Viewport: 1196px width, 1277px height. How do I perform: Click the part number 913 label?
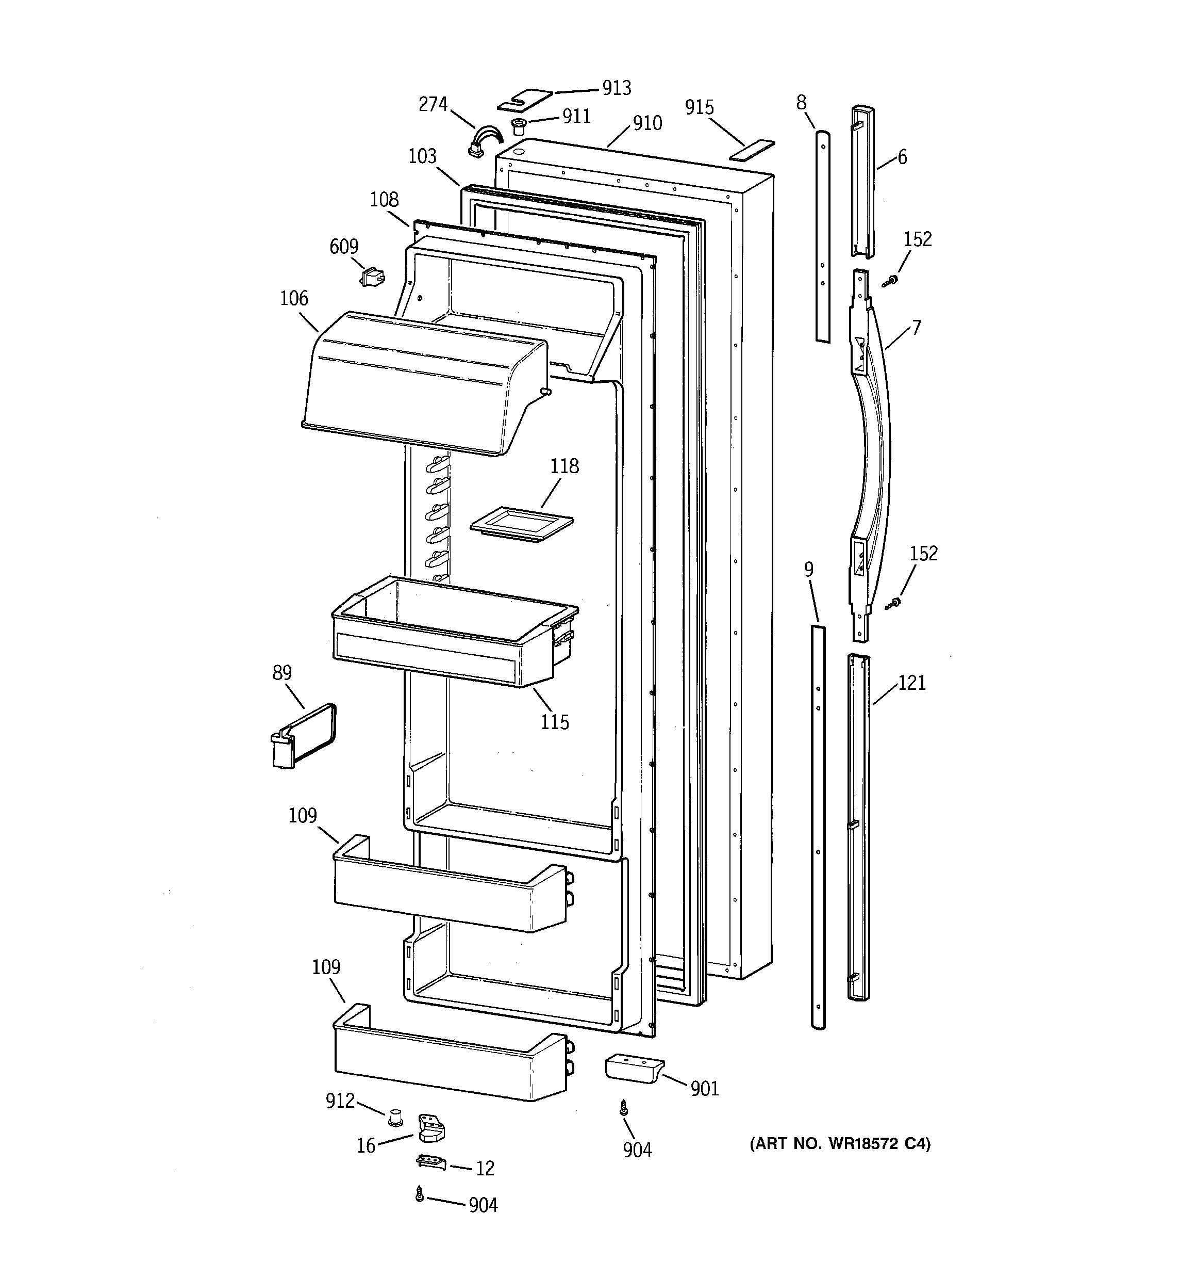616,88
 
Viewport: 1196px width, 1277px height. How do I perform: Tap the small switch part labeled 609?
372,278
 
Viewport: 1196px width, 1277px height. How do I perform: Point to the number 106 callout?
293,299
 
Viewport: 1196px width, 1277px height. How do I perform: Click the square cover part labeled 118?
521,525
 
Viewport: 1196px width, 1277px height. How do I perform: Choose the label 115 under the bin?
554,722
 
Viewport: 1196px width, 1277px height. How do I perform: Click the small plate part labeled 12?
431,1161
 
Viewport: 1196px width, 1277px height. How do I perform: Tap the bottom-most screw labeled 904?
420,1193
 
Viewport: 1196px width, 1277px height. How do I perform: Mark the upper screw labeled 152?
890,281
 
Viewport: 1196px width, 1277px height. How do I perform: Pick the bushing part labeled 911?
518,125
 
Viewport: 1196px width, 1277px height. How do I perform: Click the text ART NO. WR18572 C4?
840,1144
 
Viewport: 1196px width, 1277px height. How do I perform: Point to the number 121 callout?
911,683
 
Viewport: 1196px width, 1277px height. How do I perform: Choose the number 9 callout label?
809,569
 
